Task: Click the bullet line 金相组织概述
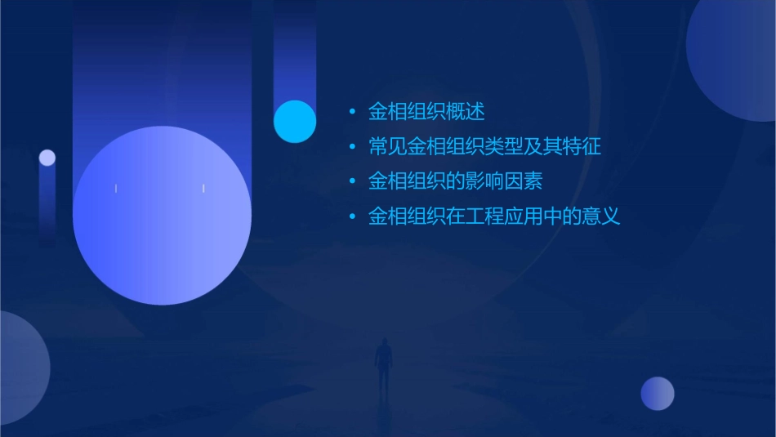click(x=426, y=112)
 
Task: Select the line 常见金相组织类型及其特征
click(x=484, y=147)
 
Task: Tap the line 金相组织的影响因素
click(x=455, y=181)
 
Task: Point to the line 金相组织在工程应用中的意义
click(x=494, y=216)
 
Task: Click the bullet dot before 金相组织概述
click(x=351, y=112)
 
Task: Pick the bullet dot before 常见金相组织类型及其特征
click(x=351, y=148)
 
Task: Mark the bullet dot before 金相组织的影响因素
click(x=351, y=182)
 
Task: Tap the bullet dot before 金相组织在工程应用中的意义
click(x=351, y=217)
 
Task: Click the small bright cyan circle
click(x=295, y=121)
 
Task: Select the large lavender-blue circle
click(x=162, y=216)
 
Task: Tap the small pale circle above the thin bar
click(x=47, y=158)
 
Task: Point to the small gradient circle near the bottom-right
click(x=658, y=393)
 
